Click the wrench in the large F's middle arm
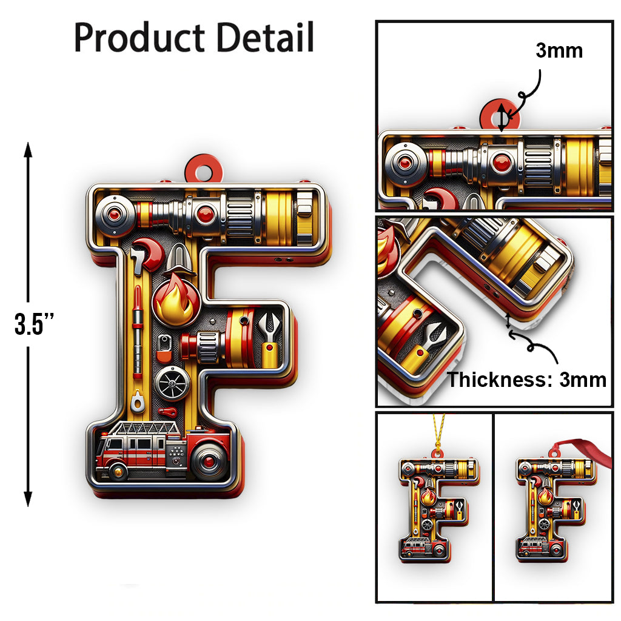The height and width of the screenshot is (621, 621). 269,334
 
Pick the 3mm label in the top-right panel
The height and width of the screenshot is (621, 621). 559,50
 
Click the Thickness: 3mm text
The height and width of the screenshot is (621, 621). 526,380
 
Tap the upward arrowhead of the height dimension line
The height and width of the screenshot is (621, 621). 28,149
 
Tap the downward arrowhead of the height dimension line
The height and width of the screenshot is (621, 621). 28,500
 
